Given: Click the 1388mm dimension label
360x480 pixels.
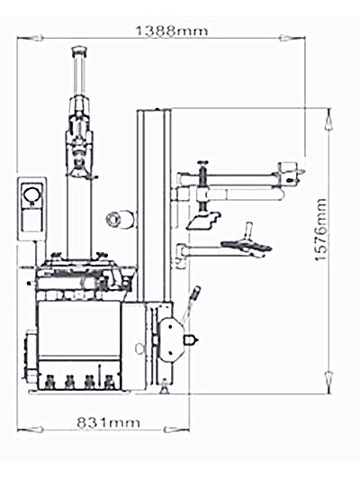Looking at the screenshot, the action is (x=171, y=31).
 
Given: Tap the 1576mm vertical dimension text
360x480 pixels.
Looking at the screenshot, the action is (x=320, y=230).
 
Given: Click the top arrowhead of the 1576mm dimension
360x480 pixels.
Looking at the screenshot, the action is (x=328, y=121).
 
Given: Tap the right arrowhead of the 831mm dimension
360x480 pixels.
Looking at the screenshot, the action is (x=176, y=430).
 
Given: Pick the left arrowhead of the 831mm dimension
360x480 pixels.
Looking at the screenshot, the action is (x=30, y=430).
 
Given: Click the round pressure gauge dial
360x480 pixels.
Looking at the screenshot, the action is (x=32, y=195).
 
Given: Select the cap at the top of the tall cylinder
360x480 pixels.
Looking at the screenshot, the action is (x=79, y=50).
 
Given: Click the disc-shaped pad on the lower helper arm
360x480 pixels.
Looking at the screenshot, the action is (x=247, y=246).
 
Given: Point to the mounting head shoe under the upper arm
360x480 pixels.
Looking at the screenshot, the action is (x=203, y=221).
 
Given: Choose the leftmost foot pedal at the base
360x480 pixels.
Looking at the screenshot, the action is (x=49, y=383).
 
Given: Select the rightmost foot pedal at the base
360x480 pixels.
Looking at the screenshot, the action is (x=109, y=383).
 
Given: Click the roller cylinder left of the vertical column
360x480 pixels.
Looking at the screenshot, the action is (x=120, y=219).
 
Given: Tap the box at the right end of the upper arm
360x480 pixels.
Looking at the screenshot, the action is (x=288, y=174).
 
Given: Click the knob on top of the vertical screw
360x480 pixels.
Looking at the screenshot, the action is (x=202, y=162).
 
